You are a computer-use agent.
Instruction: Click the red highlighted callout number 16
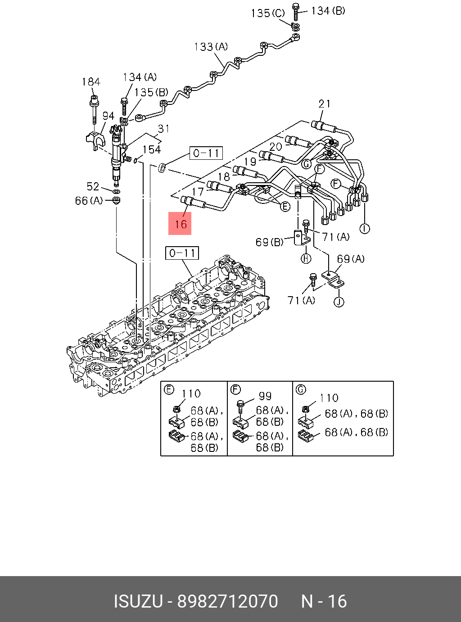[x=180, y=224]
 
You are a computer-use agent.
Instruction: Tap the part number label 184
[x=91, y=82]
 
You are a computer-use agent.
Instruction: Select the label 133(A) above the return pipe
[x=211, y=47]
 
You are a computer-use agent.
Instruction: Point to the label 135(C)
[x=268, y=13]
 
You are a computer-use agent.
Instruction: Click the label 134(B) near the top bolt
[x=328, y=10]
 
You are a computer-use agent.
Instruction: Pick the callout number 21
[x=325, y=104]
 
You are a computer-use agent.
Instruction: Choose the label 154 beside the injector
[x=152, y=149]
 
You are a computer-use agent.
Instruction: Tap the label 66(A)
[x=89, y=201]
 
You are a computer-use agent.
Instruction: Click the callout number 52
[x=93, y=186]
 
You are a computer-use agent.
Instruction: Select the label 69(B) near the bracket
[x=269, y=242]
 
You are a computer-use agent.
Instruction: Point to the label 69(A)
[x=351, y=259]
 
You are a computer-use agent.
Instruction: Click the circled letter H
[x=306, y=258]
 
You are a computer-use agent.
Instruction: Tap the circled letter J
[x=339, y=302]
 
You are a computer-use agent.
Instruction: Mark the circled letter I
[x=365, y=229]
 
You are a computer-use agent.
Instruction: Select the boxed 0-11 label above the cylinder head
[x=182, y=253]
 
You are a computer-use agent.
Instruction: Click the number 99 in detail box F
[x=265, y=396]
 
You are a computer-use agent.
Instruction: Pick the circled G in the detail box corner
[x=301, y=389]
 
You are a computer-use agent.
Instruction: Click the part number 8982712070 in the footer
[x=228, y=601]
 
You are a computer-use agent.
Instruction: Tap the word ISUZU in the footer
[x=138, y=601]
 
